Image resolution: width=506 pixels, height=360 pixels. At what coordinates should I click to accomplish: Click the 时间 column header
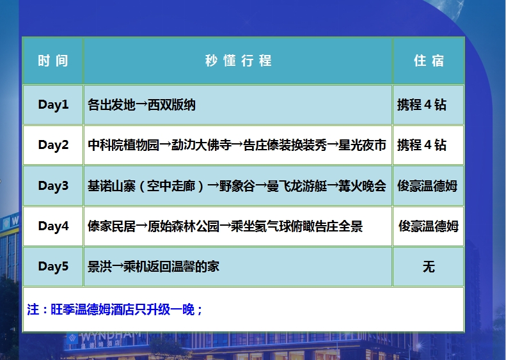[53, 61]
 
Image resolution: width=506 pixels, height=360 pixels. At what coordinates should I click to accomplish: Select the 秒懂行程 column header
[239, 61]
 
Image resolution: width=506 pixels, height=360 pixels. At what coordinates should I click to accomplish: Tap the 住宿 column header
[429, 61]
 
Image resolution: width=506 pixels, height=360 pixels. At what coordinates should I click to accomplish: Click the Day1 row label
[53, 105]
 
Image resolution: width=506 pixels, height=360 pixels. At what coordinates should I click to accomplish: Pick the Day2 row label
[53, 145]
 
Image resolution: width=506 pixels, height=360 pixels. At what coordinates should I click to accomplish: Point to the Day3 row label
[53, 186]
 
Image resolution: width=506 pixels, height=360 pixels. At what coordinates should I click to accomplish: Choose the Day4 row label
[53, 226]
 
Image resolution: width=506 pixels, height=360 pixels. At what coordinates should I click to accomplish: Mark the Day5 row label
[53, 267]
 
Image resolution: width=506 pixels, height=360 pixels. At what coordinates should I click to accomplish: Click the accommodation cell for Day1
[422, 105]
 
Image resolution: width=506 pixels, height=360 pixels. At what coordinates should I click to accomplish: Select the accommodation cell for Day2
[422, 145]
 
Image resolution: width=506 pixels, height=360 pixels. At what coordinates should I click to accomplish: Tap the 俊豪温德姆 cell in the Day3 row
[427, 186]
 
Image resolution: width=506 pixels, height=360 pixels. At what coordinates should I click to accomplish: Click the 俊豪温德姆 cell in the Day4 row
[429, 226]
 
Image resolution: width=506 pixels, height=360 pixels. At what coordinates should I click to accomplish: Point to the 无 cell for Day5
[429, 267]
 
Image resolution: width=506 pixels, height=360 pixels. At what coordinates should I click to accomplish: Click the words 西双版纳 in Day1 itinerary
[171, 105]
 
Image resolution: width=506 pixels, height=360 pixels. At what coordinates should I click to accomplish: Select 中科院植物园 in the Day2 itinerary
[123, 145]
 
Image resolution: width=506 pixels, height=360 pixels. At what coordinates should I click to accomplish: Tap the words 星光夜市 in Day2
[362, 145]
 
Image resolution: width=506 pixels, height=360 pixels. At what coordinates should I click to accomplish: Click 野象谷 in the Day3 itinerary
[237, 186]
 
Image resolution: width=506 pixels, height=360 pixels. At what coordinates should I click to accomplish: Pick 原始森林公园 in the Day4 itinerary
[184, 226]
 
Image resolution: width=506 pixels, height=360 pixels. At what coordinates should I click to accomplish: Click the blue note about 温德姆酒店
[115, 309]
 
